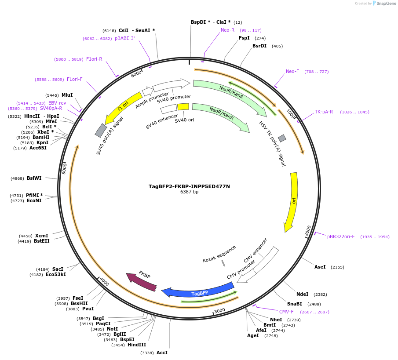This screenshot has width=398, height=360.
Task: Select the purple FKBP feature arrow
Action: click(x=142, y=281)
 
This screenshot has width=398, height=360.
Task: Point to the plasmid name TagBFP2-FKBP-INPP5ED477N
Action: click(x=189, y=186)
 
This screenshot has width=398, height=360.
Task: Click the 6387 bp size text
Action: click(x=189, y=192)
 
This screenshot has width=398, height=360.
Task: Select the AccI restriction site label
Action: click(x=162, y=353)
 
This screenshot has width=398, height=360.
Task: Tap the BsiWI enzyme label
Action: click(x=34, y=178)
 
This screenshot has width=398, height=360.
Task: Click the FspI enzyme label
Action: click(x=244, y=38)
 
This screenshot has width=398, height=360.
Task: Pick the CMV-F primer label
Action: click(x=286, y=312)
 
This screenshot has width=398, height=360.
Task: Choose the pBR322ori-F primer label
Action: click(x=341, y=236)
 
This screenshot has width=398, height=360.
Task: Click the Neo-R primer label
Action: click(x=227, y=30)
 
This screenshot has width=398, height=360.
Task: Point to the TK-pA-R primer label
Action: click(x=324, y=112)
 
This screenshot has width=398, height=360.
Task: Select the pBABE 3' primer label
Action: click(x=124, y=39)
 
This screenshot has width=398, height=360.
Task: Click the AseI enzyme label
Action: click(x=320, y=267)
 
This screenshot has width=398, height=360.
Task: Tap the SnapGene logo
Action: click(x=384, y=4)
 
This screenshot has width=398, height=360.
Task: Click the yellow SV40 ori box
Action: click(x=183, y=106)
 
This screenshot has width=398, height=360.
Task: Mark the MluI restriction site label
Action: click(x=67, y=95)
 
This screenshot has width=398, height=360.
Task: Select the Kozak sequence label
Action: click(x=219, y=254)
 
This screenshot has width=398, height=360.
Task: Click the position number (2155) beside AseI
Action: click(x=337, y=267)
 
